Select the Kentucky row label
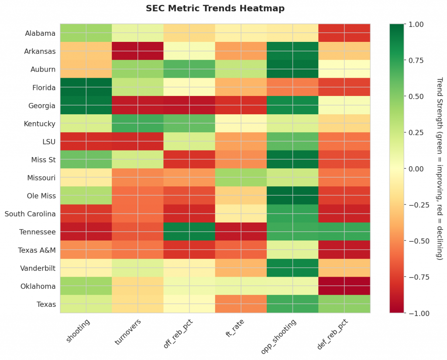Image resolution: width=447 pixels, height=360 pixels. [x=40, y=123]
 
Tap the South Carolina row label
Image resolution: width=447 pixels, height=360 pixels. [x=30, y=214]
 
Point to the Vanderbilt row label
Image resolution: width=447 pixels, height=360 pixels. [x=38, y=268]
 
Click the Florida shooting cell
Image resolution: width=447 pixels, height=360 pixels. [x=86, y=87]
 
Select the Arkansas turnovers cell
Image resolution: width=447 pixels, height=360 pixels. [x=138, y=51]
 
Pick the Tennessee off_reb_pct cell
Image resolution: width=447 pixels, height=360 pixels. [x=189, y=232]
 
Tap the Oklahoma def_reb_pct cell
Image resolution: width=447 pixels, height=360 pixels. [x=344, y=286]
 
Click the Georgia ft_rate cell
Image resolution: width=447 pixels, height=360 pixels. [x=241, y=105]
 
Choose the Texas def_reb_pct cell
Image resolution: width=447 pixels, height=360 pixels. [x=344, y=304]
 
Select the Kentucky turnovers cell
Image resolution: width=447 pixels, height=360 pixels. [x=138, y=123]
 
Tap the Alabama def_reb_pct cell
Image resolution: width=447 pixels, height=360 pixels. [x=344, y=33]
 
